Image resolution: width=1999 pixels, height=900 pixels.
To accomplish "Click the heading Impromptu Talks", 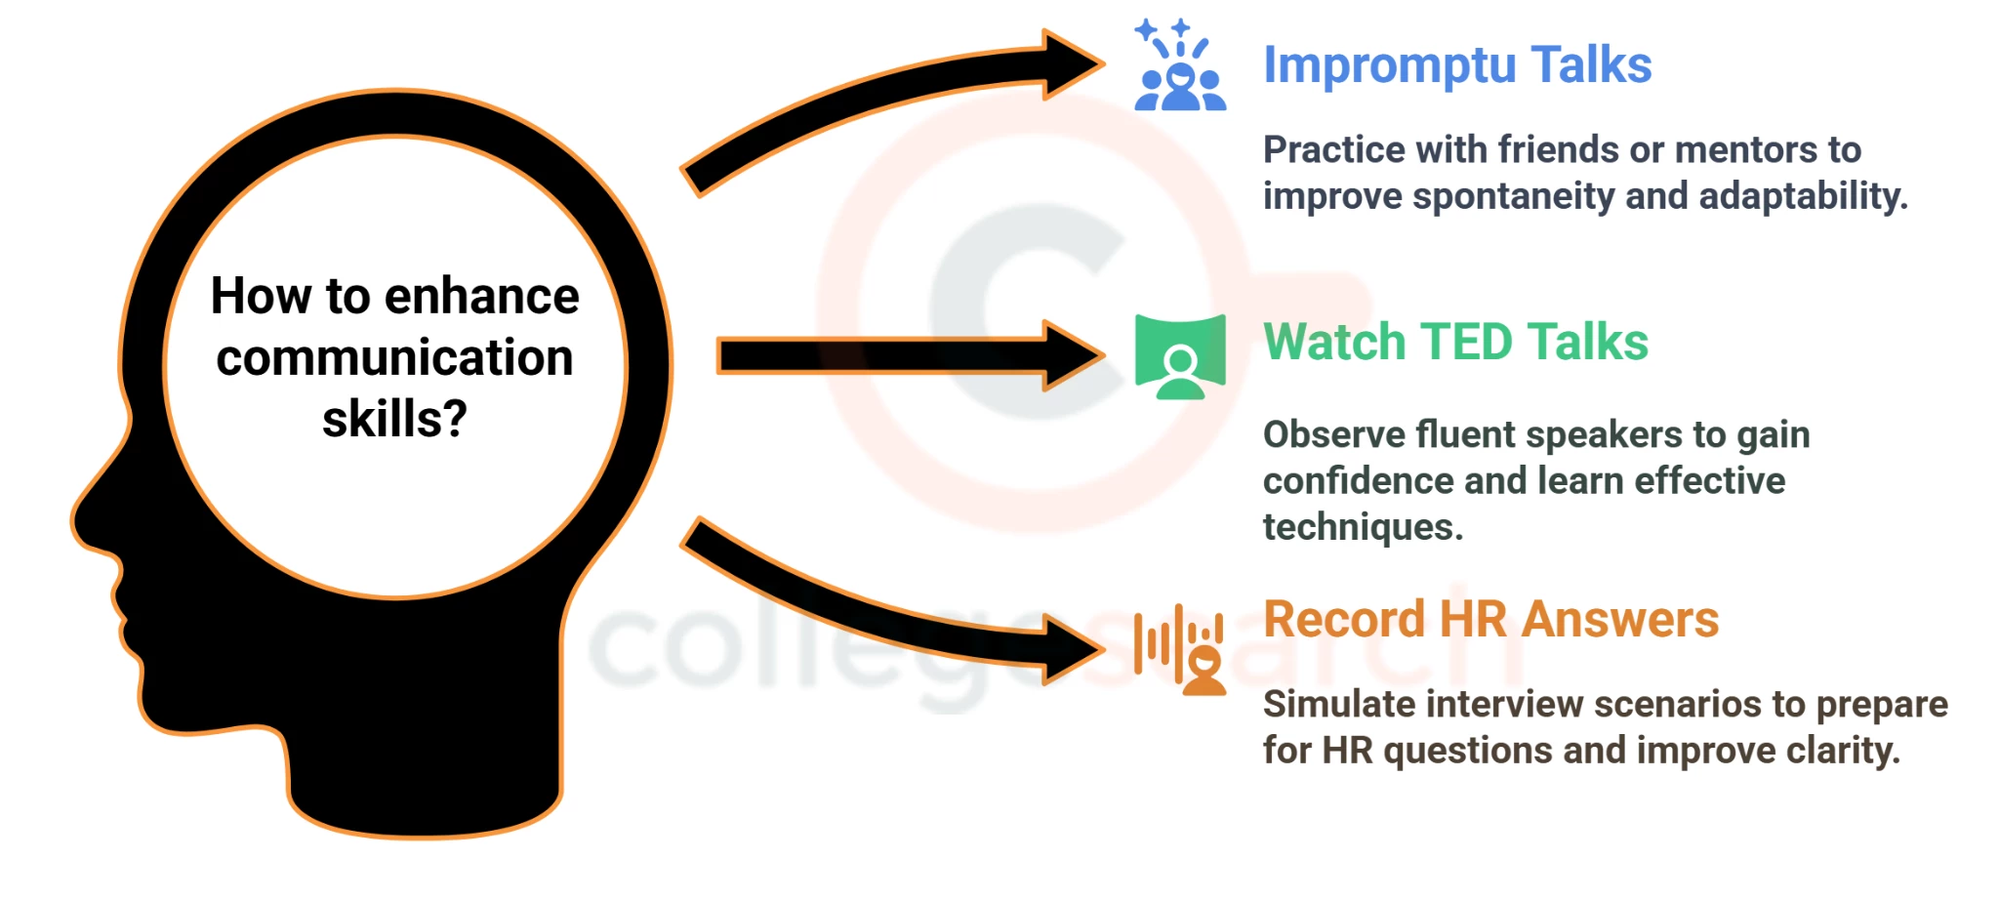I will pyautogui.click(x=1456, y=66).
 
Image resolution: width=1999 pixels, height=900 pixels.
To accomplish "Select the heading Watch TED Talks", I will pyautogui.click(x=1454, y=343).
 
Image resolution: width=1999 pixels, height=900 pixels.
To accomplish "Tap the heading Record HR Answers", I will pyautogui.click(x=1490, y=620).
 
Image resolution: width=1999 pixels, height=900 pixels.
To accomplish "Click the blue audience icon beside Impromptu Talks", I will pyautogui.click(x=1179, y=66).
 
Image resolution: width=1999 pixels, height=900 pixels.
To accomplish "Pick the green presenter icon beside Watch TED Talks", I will pyautogui.click(x=1180, y=357).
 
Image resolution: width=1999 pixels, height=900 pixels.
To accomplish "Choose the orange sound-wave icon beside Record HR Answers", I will pyautogui.click(x=1179, y=648).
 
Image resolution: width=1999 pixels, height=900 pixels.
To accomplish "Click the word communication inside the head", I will pyautogui.click(x=394, y=358).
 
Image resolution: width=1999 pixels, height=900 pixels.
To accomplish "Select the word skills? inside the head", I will pyautogui.click(x=394, y=420).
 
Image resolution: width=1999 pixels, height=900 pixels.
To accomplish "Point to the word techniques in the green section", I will pyautogui.click(x=1362, y=528).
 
